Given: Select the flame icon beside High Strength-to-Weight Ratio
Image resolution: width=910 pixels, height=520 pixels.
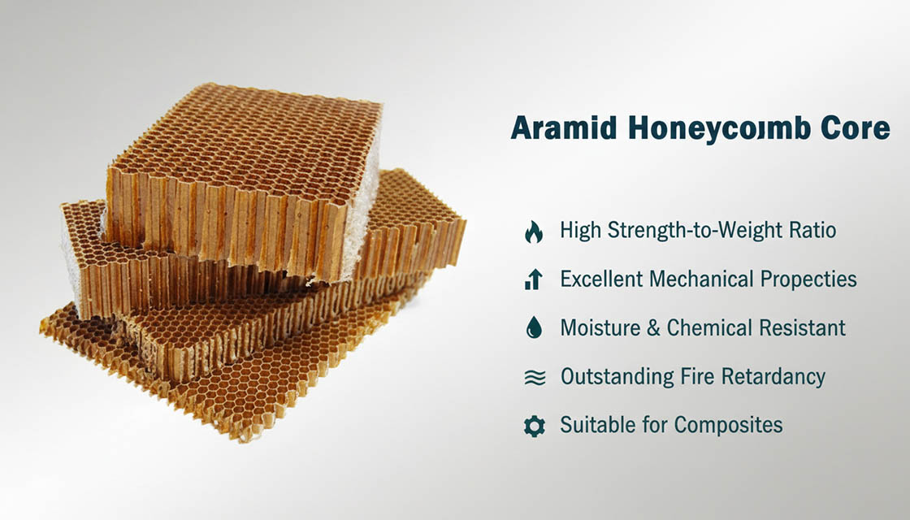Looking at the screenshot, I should pyautogui.click(x=534, y=232).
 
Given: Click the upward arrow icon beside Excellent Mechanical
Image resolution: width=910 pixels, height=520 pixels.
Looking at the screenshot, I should pyautogui.click(x=534, y=280).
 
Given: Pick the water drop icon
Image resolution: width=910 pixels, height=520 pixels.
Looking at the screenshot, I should pyautogui.click(x=534, y=328).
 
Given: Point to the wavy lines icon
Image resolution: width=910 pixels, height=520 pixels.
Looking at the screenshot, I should pyautogui.click(x=534, y=378).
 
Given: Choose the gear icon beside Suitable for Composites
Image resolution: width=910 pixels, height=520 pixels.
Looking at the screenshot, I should pyautogui.click(x=534, y=426).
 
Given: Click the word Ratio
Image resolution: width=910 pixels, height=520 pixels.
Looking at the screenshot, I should pyautogui.click(x=808, y=231).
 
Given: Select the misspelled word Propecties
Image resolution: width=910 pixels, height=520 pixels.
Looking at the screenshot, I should pyautogui.click(x=808, y=279).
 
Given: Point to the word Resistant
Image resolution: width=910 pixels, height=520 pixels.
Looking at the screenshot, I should pyautogui.click(x=802, y=328).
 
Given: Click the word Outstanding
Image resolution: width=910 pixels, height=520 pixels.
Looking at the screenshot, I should pyautogui.click(x=617, y=377).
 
